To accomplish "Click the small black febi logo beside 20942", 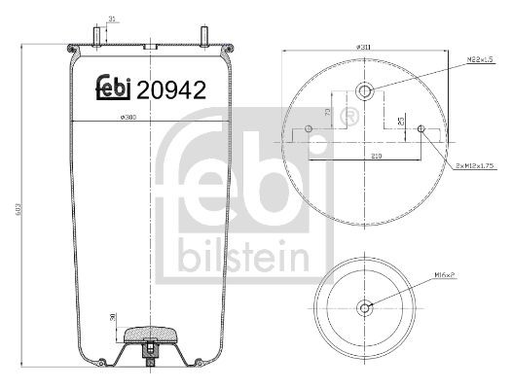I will (113, 88).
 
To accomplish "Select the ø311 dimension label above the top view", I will (364, 47).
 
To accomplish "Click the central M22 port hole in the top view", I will (365, 92).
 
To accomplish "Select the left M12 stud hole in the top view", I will (309, 130).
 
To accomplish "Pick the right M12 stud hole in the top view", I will (421, 129).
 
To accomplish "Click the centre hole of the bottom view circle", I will (365, 308).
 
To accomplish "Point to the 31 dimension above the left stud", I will (113, 18).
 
